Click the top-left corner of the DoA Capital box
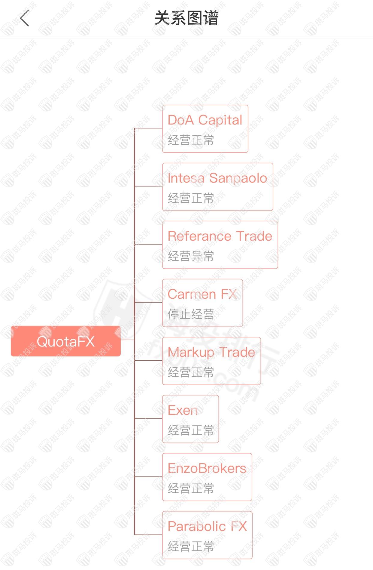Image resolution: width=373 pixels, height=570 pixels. (162, 105)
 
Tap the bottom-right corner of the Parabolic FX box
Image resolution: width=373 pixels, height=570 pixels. (252, 559)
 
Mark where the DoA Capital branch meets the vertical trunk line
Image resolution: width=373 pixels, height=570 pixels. (135, 128)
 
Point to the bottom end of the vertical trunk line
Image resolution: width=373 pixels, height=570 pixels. (135, 535)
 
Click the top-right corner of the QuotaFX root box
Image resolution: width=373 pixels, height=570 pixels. (120, 326)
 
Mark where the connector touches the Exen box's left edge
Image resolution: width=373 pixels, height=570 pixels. (162, 418)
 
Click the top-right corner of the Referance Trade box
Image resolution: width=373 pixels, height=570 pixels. (278, 221)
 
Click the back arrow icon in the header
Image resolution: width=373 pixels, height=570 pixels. (24, 18)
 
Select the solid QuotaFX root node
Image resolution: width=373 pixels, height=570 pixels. (66, 341)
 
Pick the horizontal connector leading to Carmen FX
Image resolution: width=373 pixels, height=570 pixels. (148, 302)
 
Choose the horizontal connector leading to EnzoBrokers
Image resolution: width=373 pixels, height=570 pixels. (148, 476)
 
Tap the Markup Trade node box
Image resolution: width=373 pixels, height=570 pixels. (211, 361)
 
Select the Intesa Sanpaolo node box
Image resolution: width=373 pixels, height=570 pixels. (218, 187)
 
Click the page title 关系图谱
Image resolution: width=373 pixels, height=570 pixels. (186, 18)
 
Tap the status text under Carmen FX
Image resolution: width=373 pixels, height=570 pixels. (191, 314)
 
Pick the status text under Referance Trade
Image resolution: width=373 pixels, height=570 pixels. (191, 256)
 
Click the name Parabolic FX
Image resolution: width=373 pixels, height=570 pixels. (207, 526)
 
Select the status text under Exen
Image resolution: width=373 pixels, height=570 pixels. (191, 430)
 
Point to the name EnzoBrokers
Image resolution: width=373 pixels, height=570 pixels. (207, 468)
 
